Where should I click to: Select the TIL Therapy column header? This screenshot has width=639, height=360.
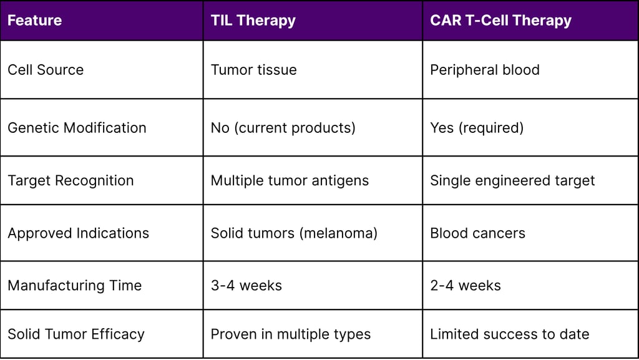coord(253,21)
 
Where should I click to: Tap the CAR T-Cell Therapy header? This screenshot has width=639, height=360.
coord(500,21)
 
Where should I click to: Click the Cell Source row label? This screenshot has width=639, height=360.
coord(46,70)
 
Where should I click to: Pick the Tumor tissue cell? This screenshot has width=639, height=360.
coord(253,70)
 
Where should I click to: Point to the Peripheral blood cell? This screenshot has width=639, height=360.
coord(484,70)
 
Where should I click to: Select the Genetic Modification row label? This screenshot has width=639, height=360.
coord(77,128)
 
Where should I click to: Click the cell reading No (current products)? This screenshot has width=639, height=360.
coord(283,128)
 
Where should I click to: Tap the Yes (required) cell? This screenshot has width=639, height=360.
coord(476,128)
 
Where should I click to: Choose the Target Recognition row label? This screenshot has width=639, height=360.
coord(71,181)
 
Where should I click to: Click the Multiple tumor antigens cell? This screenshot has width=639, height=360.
coord(290,181)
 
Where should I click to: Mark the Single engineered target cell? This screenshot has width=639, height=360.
coord(512,181)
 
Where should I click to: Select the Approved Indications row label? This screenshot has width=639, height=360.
coord(78,233)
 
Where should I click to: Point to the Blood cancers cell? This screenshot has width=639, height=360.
coord(477,233)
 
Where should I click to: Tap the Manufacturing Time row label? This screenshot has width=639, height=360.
coord(74,286)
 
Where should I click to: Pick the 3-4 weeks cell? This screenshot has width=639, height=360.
coord(246,286)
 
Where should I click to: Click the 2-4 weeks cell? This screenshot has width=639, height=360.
coord(465,286)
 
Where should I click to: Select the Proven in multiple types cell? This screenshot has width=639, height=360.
coord(290,334)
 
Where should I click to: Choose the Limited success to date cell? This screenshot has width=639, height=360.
coord(509,334)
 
